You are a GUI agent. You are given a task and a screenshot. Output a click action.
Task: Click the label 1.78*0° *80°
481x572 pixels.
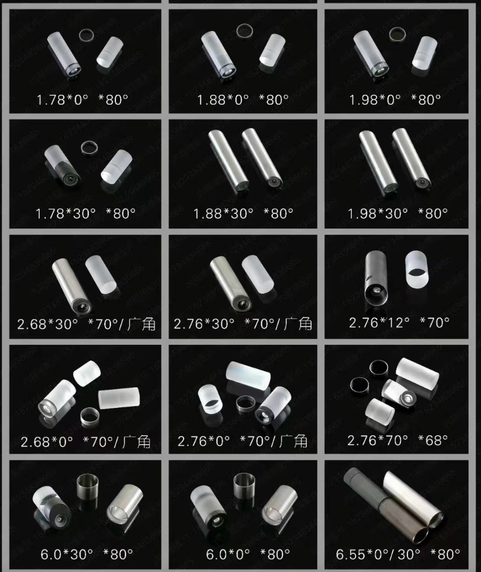[x=82, y=100]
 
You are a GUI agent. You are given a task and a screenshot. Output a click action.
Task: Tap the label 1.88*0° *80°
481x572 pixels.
[x=242, y=100]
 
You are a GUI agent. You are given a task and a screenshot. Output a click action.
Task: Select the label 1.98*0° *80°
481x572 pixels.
[x=395, y=100]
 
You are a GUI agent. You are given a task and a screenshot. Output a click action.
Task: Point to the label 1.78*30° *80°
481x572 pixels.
[x=86, y=214]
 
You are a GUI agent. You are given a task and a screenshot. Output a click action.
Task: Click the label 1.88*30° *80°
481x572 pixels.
[x=243, y=214]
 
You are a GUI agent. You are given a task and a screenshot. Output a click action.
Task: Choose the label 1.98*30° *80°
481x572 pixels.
[x=398, y=214]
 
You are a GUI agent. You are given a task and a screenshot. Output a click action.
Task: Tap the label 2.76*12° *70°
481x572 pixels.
[x=399, y=323]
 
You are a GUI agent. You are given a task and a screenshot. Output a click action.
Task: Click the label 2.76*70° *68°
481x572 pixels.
[x=398, y=440]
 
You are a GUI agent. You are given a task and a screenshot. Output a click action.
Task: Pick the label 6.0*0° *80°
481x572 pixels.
[x=248, y=554]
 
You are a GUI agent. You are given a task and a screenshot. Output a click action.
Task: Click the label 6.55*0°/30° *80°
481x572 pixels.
[x=398, y=554]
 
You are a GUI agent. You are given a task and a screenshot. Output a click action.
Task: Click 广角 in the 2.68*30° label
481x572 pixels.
[x=142, y=324]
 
